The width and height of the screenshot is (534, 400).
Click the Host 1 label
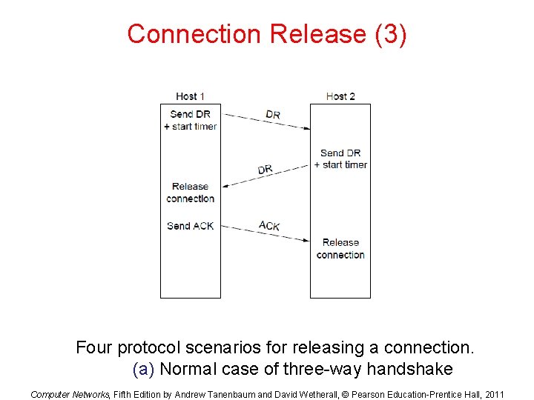[x=190, y=96]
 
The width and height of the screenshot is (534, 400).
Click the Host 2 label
[x=340, y=96]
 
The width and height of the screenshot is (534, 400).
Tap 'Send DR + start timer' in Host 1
[x=190, y=120]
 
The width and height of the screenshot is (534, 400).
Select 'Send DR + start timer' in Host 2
[x=340, y=159]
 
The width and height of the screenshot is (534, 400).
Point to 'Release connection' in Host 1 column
[x=190, y=193]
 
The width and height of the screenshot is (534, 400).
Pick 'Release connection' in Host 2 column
[x=340, y=248]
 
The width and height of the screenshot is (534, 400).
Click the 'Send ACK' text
[x=190, y=226]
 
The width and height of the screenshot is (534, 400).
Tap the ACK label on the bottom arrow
[x=269, y=224]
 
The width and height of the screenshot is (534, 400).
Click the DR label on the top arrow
[x=273, y=115]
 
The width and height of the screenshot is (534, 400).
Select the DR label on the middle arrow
[x=266, y=170]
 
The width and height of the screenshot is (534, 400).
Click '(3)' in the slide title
[x=390, y=34]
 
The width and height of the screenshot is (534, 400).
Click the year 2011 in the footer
[x=493, y=394]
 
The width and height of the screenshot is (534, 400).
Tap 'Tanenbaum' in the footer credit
[x=231, y=394]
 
